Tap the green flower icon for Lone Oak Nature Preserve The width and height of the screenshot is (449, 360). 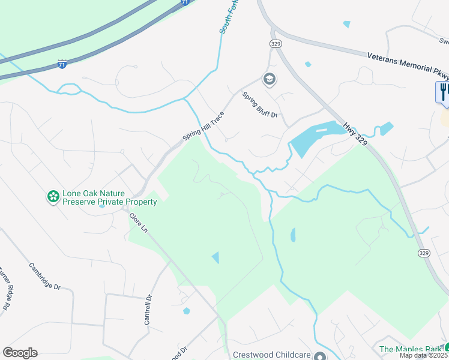(53, 196)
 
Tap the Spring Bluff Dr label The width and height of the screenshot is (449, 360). (261, 105)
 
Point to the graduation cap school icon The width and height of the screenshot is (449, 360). (269, 79)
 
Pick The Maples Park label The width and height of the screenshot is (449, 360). (411, 349)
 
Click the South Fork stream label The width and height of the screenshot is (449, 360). (226, 17)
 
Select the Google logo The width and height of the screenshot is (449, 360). (20, 353)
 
